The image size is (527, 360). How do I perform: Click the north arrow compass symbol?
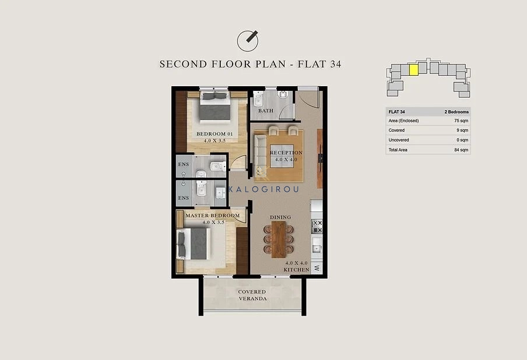[248, 41]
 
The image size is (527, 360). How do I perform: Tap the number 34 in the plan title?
[335, 64]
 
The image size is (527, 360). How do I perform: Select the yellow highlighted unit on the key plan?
[414, 70]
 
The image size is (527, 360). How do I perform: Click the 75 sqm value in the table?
[461, 121]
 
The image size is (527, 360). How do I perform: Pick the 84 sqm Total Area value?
[461, 150]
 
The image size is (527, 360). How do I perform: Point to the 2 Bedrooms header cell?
[456, 112]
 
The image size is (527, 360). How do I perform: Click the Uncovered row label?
[399, 140]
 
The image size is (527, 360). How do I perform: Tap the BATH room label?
[265, 111]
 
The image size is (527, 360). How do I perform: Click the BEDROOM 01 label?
[215, 133]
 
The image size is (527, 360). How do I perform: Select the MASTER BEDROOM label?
[213, 216]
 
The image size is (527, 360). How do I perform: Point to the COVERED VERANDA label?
[252, 295]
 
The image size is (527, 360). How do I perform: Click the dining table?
[279, 239]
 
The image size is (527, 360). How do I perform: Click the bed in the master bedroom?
[193, 244]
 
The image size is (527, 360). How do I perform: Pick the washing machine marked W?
[317, 268]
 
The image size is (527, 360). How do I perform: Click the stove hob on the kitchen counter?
[317, 227]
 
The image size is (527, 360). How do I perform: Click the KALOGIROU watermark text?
[263, 189]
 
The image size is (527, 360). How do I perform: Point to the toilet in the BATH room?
[258, 100]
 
